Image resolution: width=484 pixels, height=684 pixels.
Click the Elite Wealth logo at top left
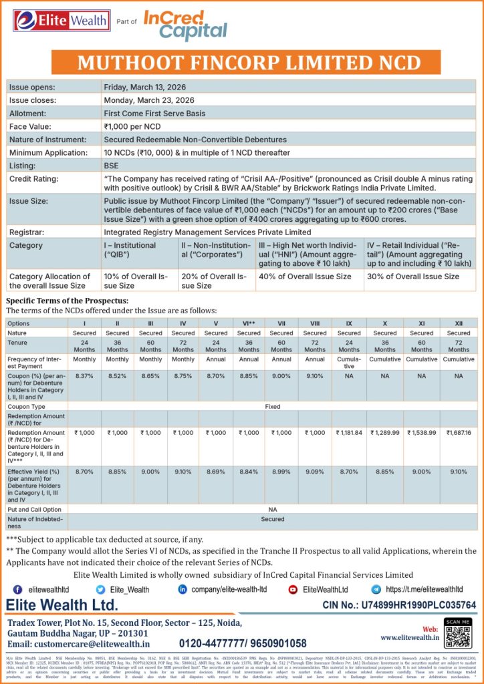click(x=52, y=21)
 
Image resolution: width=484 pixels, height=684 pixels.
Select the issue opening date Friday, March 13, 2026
click(x=152, y=87)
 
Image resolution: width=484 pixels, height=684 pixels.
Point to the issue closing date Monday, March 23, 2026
click(x=153, y=100)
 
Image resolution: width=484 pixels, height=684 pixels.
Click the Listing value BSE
click(x=112, y=165)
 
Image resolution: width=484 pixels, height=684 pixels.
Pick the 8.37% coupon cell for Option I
click(x=84, y=376)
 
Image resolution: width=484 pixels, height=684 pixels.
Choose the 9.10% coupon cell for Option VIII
click(x=315, y=376)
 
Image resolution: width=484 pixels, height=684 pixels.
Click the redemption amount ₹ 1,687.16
click(x=459, y=433)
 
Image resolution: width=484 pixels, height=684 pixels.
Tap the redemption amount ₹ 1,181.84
click(x=349, y=433)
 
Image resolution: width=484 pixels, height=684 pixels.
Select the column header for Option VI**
click(x=249, y=323)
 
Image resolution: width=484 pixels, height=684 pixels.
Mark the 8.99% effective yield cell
click(x=281, y=472)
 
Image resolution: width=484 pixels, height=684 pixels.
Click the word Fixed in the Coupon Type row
click(x=273, y=405)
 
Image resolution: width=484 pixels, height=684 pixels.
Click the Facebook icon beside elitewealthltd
click(x=17, y=590)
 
